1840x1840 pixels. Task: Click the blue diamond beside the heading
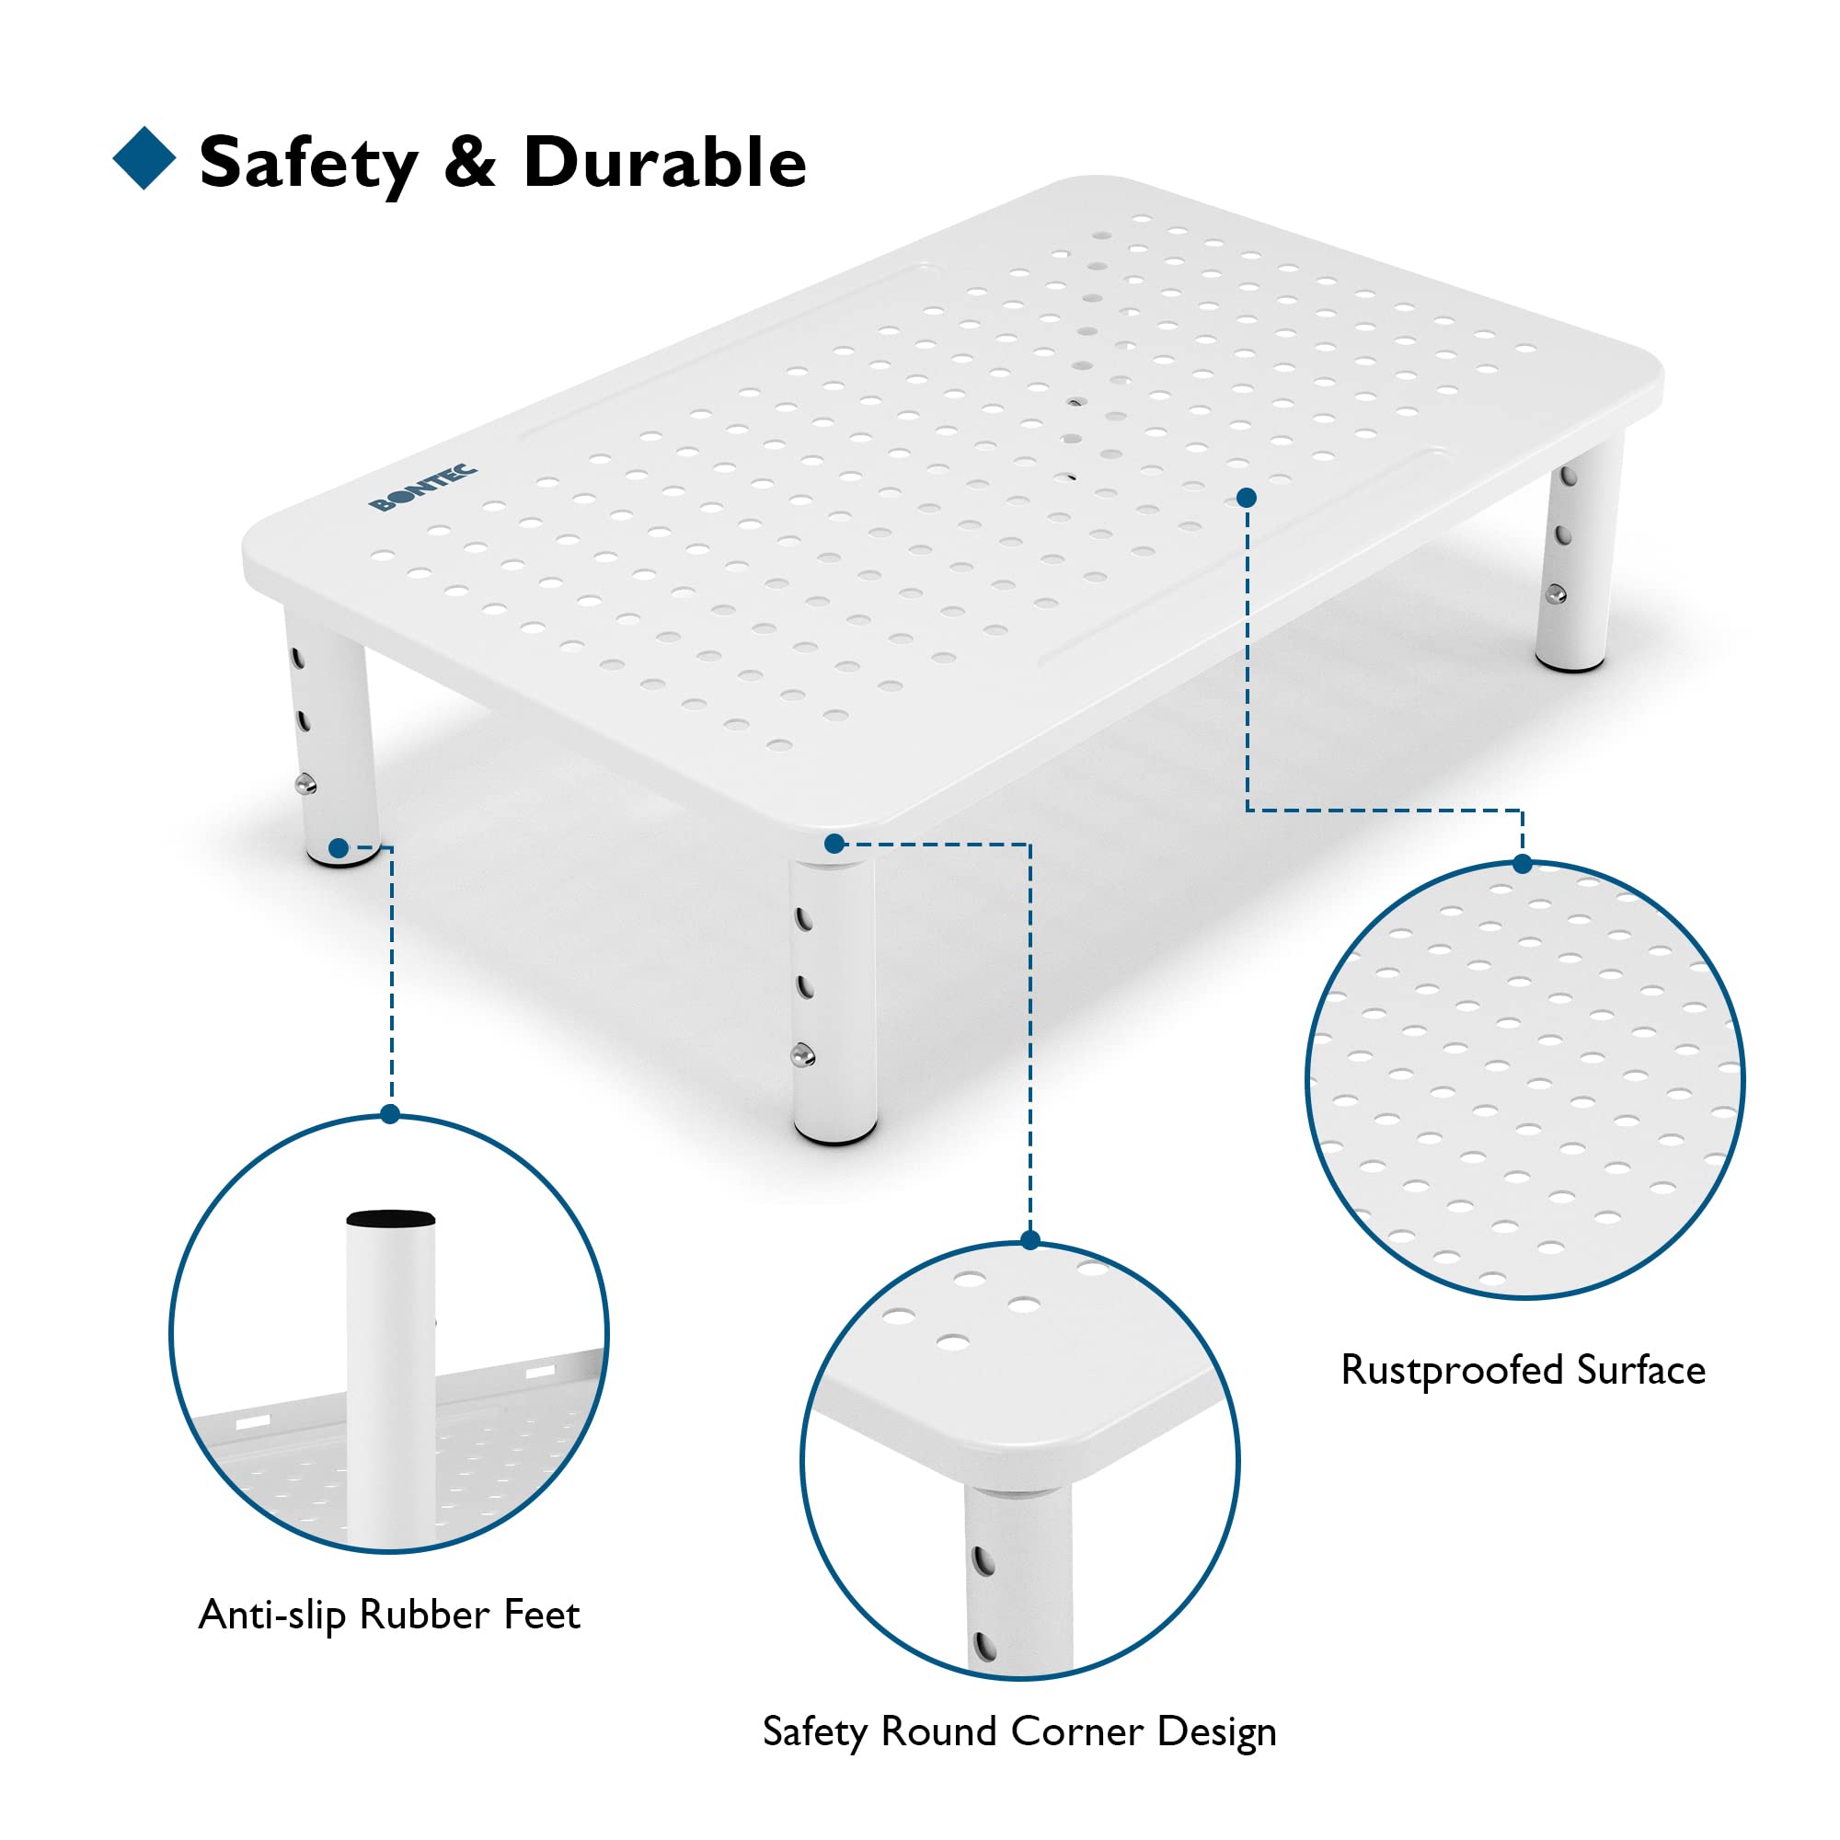[x=144, y=158]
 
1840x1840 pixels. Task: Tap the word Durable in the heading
[x=664, y=162]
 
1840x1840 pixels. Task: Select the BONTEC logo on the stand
[x=423, y=488]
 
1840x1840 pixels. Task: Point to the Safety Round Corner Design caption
[x=1019, y=1731]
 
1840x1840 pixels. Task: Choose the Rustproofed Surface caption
[x=1523, y=1371]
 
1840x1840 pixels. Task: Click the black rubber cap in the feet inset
[x=390, y=1219]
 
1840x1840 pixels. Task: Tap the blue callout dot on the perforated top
[x=1247, y=497]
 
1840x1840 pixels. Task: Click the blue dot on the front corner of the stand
[x=834, y=843]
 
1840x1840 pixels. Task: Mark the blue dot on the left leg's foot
[x=338, y=847]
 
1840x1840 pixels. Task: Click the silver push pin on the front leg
[x=802, y=1054]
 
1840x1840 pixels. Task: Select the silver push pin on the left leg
[x=305, y=785]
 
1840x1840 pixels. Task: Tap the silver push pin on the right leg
[x=1555, y=594]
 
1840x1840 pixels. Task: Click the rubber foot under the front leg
[x=836, y=1136]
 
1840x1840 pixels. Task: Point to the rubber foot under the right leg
[x=1570, y=665]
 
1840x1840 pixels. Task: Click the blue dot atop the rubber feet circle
[x=389, y=1114]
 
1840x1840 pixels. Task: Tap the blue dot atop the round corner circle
[x=1029, y=1240]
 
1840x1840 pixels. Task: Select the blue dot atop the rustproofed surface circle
[x=1522, y=864]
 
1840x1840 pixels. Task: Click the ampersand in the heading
[x=470, y=162]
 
